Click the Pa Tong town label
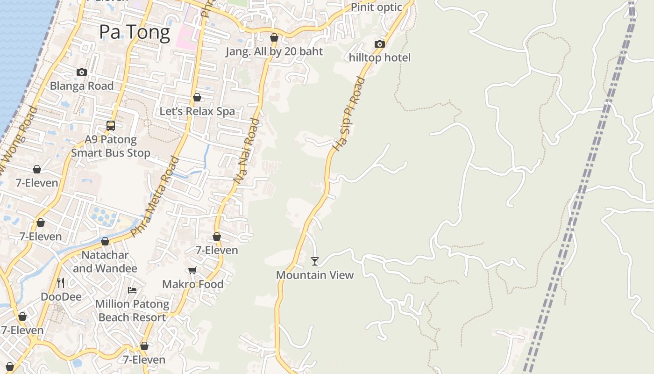135,32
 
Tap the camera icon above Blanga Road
82,72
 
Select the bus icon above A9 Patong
111,125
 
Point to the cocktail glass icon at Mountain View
315,261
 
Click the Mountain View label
315,275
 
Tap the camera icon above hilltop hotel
380,44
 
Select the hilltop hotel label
380,58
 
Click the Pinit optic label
376,7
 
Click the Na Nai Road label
246,151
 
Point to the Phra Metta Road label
156,196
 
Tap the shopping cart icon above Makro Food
192,270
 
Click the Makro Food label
192,284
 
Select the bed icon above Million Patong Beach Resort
132,290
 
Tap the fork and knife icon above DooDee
61,283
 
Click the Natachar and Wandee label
105,262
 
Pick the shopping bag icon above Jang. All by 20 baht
274,37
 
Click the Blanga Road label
82,86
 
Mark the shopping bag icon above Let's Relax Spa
197,97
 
